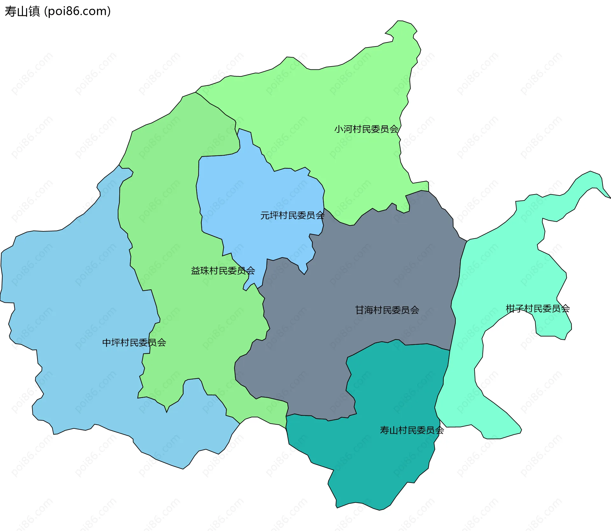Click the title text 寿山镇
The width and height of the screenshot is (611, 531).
(22, 11)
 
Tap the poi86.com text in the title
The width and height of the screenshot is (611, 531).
(78, 11)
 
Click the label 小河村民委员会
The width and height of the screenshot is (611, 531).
(366, 129)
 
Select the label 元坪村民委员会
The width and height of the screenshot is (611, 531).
(292, 216)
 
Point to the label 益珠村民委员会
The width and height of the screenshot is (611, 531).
(223, 271)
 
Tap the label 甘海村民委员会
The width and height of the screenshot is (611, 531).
(387, 310)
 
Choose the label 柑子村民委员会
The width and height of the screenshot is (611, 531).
(537, 308)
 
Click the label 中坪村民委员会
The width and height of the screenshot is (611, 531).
(134, 343)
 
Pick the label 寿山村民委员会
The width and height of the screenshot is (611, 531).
(412, 430)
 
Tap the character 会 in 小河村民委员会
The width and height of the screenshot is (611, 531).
(394, 129)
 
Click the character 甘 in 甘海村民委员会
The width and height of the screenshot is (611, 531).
(360, 310)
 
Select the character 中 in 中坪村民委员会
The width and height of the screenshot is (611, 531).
(107, 343)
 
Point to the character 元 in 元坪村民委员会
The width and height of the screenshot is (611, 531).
(265, 216)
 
